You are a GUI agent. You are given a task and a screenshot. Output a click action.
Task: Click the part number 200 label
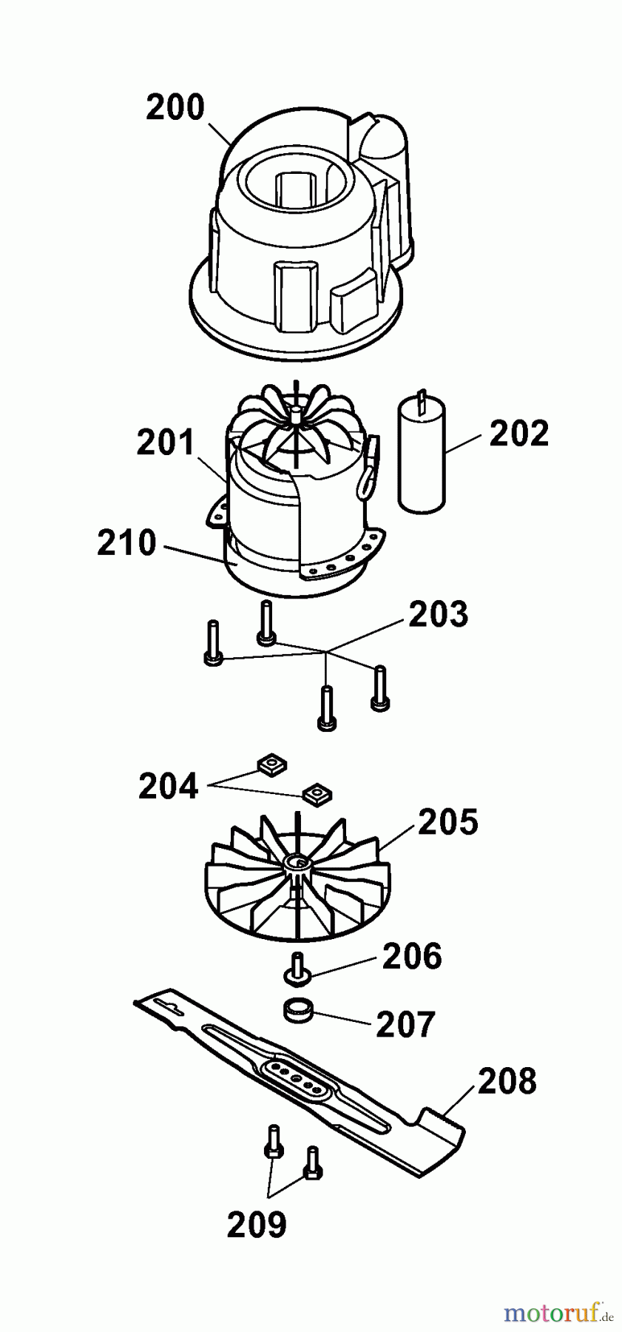175,108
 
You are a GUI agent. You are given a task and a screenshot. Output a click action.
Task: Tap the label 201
165,443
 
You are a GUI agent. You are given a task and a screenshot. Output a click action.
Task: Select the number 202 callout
519,434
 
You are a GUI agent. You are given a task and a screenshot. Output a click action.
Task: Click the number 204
168,786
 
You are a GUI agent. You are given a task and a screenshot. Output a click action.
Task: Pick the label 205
448,822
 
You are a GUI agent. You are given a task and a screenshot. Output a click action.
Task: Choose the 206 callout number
412,956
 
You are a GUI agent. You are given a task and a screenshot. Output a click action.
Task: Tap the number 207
406,1025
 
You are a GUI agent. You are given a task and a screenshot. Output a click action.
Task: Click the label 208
507,1081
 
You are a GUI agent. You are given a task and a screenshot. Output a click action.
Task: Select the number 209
256,1225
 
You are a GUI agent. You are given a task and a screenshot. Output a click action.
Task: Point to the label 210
126,544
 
